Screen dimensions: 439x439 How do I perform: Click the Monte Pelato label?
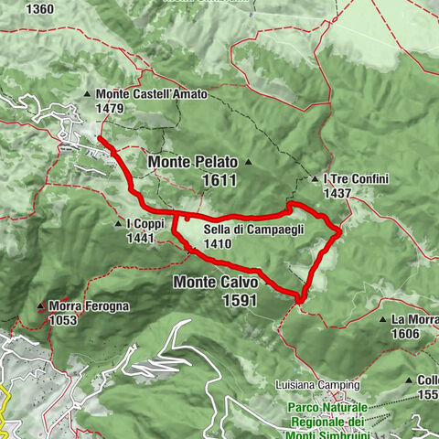193,162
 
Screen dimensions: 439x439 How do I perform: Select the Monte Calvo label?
214,283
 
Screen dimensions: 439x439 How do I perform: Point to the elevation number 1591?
237,300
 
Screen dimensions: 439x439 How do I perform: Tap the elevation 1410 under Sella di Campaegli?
220,244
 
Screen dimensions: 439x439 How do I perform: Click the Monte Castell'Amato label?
151,94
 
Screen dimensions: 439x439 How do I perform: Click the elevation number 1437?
337,194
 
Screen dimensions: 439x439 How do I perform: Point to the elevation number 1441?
141,238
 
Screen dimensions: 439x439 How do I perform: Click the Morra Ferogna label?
89,306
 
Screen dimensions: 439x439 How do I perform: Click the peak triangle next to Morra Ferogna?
40,306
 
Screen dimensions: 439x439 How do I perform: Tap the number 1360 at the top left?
40,9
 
